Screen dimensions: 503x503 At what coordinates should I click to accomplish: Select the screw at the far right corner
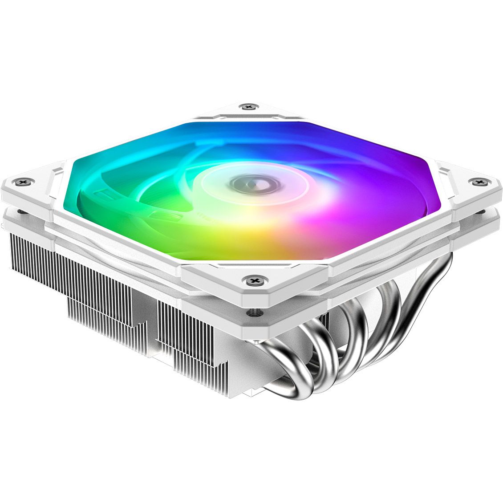[x=479, y=182]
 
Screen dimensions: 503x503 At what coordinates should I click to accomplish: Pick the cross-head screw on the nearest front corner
[x=254, y=280]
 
